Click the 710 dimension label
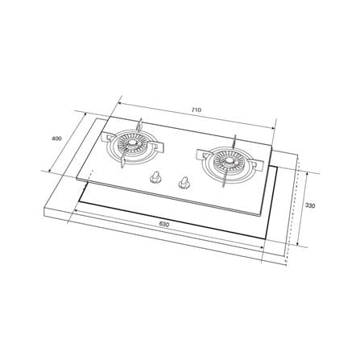[x=197, y=110]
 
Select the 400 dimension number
[x=56, y=139]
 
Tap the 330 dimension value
[x=310, y=206]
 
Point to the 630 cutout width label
[x=164, y=224]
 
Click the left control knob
[x=155, y=177]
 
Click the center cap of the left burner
[x=132, y=144]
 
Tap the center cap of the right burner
[x=228, y=161]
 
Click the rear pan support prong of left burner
[x=140, y=126]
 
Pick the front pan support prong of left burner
[x=123, y=161]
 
